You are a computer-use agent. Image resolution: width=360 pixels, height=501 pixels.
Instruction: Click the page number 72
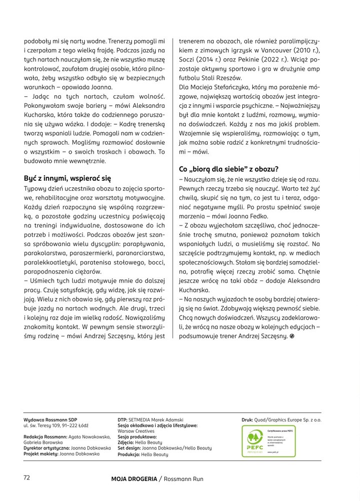(x=27, y=477)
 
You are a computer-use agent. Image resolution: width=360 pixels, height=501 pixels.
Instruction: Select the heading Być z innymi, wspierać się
(x=67, y=178)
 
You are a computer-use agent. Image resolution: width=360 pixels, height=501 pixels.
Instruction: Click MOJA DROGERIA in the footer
(x=134, y=479)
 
